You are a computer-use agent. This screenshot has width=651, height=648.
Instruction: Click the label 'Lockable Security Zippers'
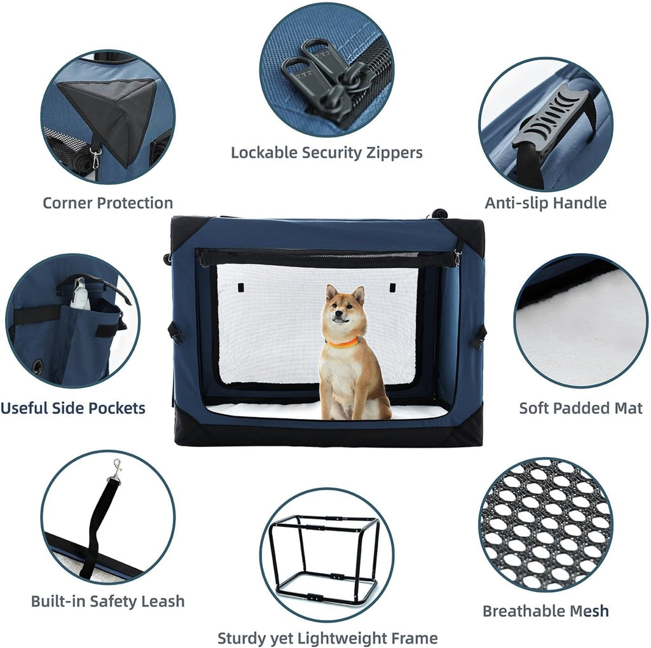[326, 153]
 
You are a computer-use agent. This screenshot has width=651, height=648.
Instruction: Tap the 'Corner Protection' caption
[107, 203]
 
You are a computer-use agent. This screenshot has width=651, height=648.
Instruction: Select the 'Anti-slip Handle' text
[545, 203]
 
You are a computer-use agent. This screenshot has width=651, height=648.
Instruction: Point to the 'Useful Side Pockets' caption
[72, 408]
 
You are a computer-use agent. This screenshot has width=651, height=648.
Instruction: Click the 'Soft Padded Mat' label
[580, 408]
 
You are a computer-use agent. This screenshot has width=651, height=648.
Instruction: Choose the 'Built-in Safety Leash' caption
[107, 601]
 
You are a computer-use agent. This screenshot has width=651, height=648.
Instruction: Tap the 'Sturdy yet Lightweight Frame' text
[327, 638]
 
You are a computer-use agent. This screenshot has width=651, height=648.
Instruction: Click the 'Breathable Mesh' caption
[545, 611]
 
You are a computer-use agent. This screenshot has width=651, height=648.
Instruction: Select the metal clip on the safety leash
[116, 471]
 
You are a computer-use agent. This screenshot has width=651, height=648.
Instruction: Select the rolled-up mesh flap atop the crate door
[325, 258]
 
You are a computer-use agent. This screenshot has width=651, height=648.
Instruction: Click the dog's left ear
[331, 293]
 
